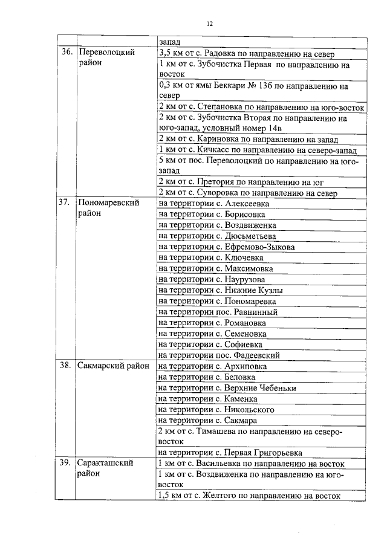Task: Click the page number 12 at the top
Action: tap(209, 24)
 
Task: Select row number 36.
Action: tap(67, 53)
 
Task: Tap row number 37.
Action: tap(66, 204)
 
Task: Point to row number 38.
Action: tap(66, 366)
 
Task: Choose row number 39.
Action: tap(66, 464)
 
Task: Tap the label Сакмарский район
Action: tap(113, 366)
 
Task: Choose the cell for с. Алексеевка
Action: tap(213, 204)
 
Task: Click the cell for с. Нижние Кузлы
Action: tap(220, 290)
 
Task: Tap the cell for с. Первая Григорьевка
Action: tap(230, 453)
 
